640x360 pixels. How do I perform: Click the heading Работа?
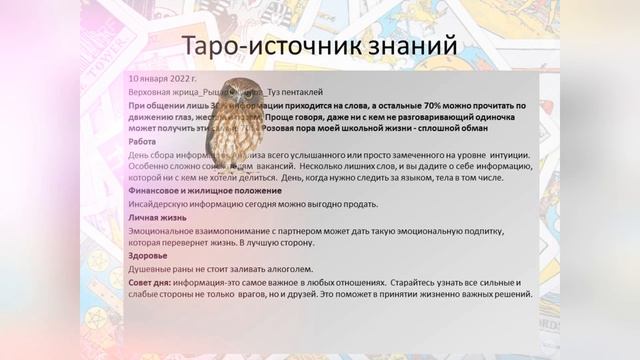point(143,142)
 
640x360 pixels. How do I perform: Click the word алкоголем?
point(291,268)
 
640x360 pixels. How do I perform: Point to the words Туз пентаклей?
point(290,90)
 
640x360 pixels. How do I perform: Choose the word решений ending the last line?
point(510,295)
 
